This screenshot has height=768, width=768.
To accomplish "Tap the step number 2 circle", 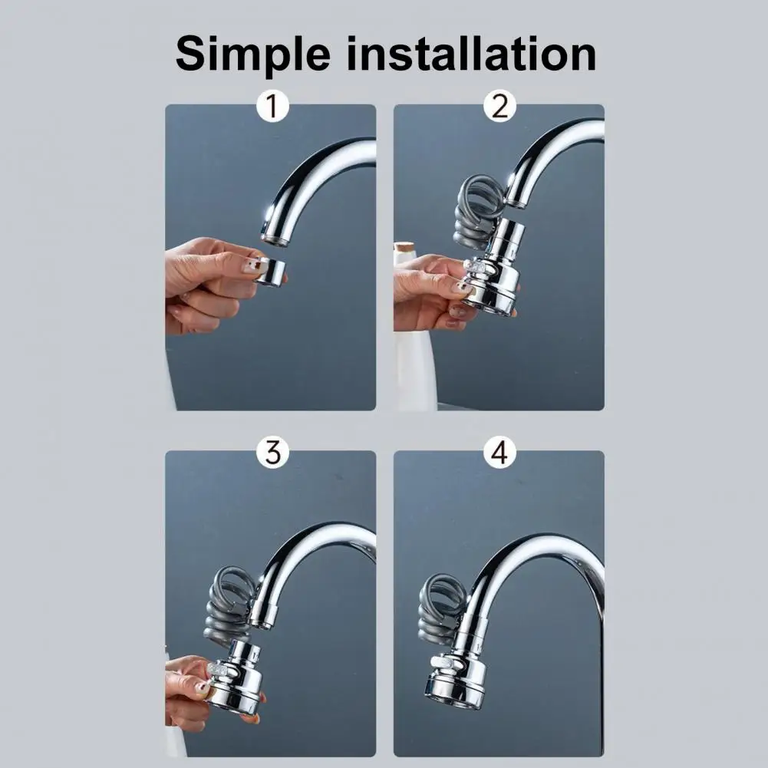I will [x=499, y=107].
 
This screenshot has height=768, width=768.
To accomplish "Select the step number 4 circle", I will [x=499, y=453].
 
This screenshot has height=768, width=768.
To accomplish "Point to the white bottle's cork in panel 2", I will [x=404, y=249].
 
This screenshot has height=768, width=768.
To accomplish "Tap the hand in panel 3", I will [x=188, y=687].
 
